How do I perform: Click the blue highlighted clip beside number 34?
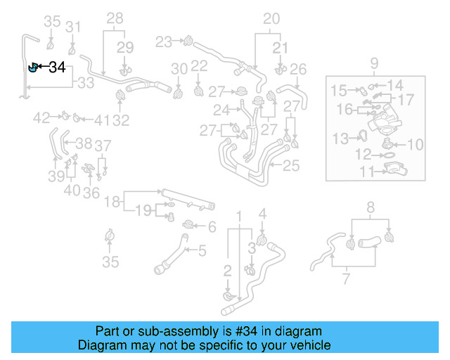click(32, 67)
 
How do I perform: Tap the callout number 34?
click(57, 67)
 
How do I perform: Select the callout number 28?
click(115, 18)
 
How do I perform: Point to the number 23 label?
click(164, 42)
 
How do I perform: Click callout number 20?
click(271, 18)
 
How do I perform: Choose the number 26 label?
click(298, 69)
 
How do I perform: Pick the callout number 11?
click(367, 171)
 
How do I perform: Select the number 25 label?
click(290, 166)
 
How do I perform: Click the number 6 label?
click(212, 226)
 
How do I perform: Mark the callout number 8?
click(371, 206)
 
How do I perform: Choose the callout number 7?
click(345, 281)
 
